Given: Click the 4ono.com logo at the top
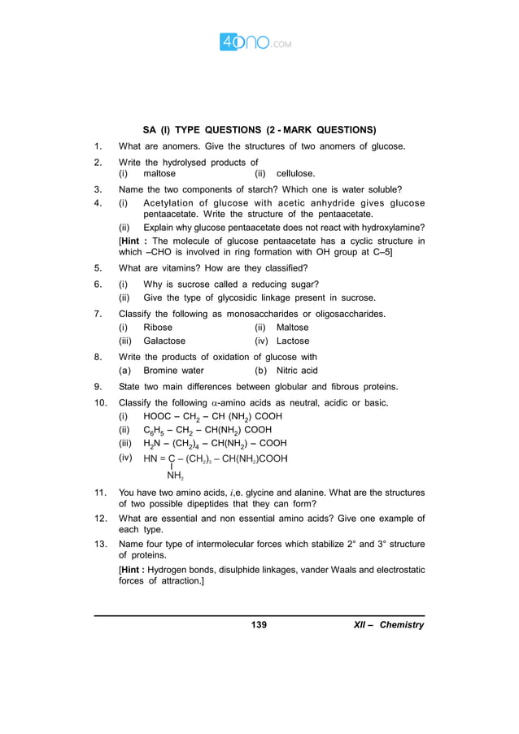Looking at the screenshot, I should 255,41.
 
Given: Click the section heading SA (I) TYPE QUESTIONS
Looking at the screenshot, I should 259,129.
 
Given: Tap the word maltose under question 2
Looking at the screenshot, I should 159,173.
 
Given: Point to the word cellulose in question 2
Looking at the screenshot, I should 294,173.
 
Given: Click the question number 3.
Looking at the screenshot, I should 98,189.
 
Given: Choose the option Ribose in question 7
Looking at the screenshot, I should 158,328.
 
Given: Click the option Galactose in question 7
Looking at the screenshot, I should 164,341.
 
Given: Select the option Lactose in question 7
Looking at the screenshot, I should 293,341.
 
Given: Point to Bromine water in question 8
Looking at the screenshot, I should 173,371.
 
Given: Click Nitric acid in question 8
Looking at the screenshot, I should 297,371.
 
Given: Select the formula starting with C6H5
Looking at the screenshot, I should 207,430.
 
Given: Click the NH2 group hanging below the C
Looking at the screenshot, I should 175,476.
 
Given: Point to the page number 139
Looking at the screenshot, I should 259,625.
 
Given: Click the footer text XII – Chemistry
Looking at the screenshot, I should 389,625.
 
